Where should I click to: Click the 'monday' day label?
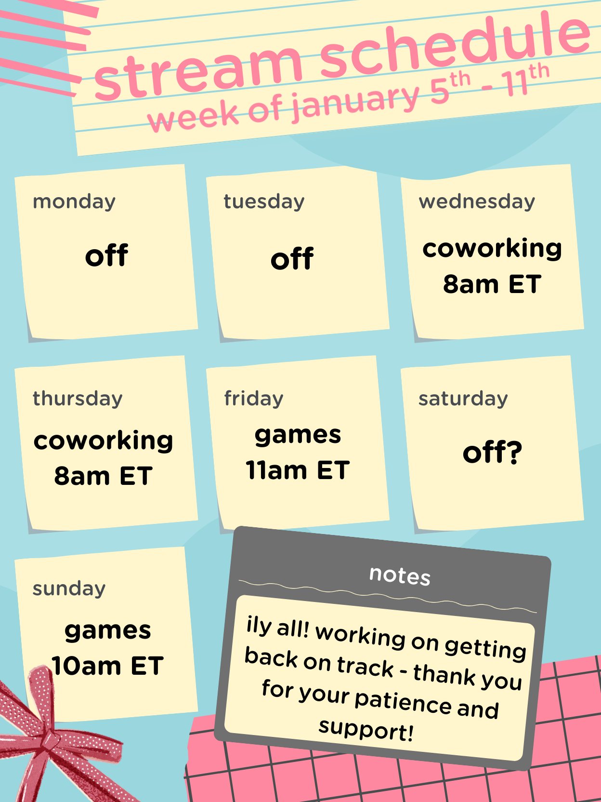pos(74,201)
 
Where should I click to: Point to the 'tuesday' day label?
pos(264,201)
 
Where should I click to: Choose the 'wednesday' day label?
pos(477,201)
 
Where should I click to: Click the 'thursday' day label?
pos(78,398)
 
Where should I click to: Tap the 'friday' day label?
pos(254,398)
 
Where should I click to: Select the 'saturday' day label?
pos(463,399)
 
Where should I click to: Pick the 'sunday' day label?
pos(69,588)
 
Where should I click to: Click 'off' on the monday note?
pos(106,254)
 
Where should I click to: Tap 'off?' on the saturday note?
pos(492,452)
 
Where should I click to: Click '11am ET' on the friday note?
pos(298,470)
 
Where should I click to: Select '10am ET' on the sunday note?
pos(108,666)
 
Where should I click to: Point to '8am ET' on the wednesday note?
pos(492,284)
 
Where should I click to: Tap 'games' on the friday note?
pos(298,436)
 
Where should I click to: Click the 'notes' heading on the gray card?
pos(400,575)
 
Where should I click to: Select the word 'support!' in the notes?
pos(366,730)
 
